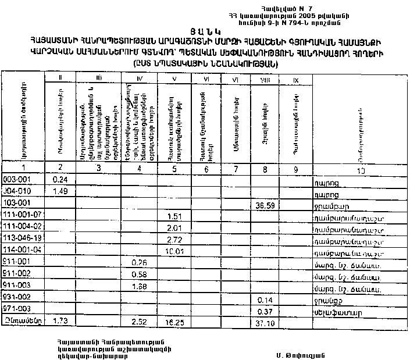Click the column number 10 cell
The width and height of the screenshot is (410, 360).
point(361,170)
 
